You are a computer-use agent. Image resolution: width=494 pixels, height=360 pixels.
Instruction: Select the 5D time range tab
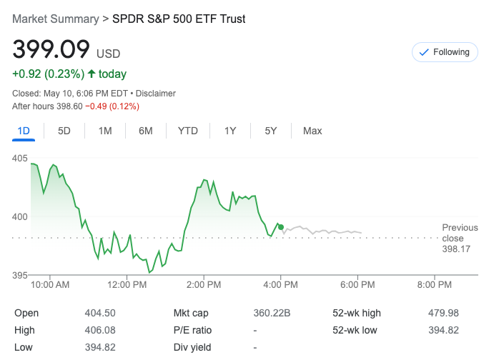pyautogui.click(x=64, y=131)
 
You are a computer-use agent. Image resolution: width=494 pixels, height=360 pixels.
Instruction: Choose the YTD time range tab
pyautogui.click(x=188, y=131)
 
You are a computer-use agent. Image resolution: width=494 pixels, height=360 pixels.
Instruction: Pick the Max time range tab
pyautogui.click(x=312, y=131)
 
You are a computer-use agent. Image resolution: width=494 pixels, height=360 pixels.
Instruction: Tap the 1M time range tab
pyautogui.click(x=105, y=131)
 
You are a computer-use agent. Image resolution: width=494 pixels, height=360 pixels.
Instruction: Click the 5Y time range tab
pyautogui.click(x=271, y=131)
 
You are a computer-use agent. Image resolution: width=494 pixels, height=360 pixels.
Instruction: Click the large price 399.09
pyautogui.click(x=51, y=50)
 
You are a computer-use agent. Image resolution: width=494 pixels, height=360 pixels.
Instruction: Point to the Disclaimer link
pyautogui.click(x=156, y=94)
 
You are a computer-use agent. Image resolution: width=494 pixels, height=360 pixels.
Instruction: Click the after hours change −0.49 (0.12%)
pyautogui.click(x=112, y=106)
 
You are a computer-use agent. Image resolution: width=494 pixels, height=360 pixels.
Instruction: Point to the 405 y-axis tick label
pyautogui.click(x=19, y=158)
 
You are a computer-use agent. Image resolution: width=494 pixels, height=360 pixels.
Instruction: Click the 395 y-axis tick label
pyautogui.click(x=19, y=275)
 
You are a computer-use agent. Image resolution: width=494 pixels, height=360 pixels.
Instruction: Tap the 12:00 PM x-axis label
pyautogui.click(x=127, y=285)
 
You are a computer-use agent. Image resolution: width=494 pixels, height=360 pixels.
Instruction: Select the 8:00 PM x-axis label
pyautogui.click(x=435, y=285)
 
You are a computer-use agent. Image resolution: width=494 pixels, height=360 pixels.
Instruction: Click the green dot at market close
pyautogui.click(x=281, y=227)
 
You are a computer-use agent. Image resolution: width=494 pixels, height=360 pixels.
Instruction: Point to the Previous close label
pyautogui.click(x=460, y=233)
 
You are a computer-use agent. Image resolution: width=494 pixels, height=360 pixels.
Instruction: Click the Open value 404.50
pyautogui.click(x=100, y=313)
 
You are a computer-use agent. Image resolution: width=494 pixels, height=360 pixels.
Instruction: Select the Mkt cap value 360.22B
pyautogui.click(x=272, y=313)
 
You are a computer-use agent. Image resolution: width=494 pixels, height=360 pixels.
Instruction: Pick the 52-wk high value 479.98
pyautogui.click(x=444, y=313)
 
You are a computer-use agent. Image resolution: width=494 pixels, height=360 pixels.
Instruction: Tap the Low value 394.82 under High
pyautogui.click(x=100, y=347)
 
